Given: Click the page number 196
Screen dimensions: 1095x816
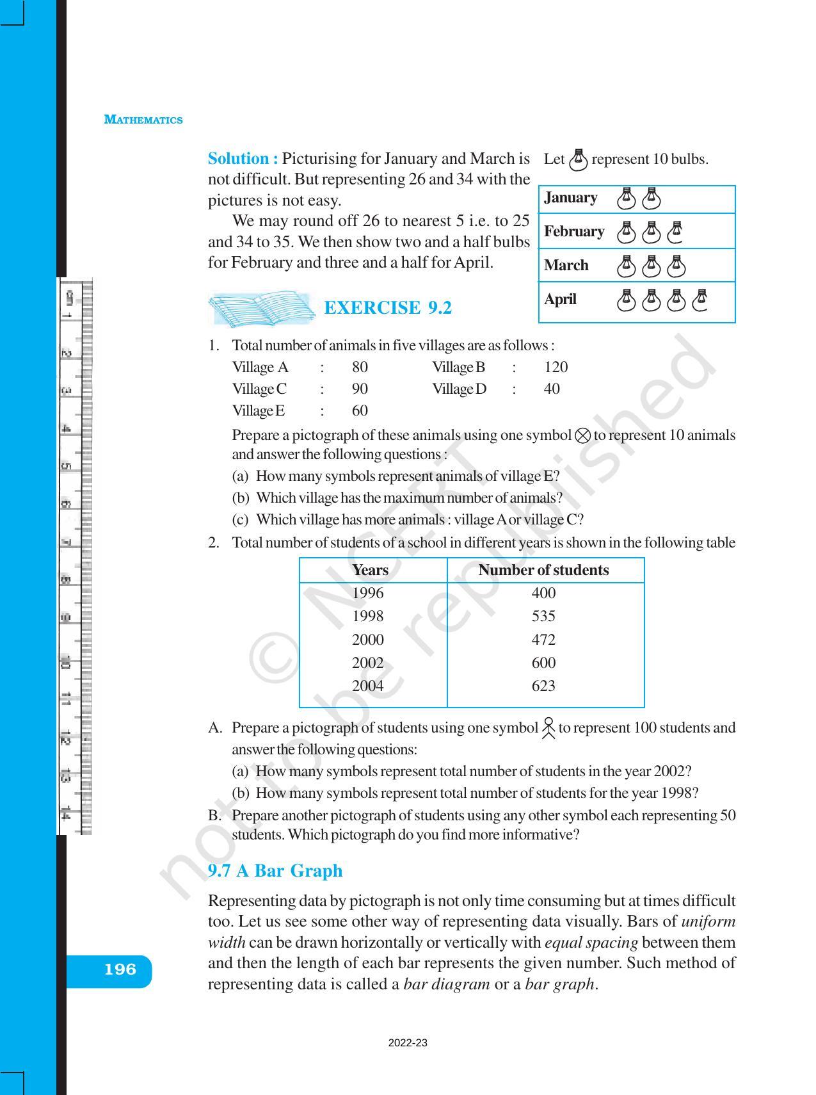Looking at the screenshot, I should tap(120, 969).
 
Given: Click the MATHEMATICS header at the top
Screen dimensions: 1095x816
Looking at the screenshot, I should tap(143, 120).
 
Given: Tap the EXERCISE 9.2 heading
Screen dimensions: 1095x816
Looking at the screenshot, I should tap(388, 308).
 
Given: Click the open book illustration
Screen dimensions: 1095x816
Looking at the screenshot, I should tap(262, 309).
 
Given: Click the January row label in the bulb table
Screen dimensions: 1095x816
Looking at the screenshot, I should tap(570, 198).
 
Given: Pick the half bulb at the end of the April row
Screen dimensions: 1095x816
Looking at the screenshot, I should tap(700, 300).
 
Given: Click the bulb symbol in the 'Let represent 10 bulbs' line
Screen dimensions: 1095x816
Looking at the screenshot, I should tap(578, 159).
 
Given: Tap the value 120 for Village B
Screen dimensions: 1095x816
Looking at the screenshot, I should tap(556, 367).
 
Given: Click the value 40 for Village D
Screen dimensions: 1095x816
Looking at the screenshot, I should tap(551, 389).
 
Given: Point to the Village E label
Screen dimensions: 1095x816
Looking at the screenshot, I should tap(259, 410).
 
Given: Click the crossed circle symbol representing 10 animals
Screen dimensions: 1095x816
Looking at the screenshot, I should tap(582, 436).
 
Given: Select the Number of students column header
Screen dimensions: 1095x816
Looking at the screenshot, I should tap(543, 570).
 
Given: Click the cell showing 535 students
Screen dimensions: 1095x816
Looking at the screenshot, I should tap(543, 616).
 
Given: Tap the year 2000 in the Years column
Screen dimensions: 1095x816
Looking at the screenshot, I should tap(368, 640).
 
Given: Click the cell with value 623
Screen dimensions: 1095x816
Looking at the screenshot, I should tap(543, 686).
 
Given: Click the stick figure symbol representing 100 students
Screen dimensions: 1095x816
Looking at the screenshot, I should tap(548, 728).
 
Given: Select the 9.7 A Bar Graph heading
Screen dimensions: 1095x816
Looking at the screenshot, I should tap(275, 871).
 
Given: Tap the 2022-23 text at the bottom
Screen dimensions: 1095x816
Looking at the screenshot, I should tap(408, 1043).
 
